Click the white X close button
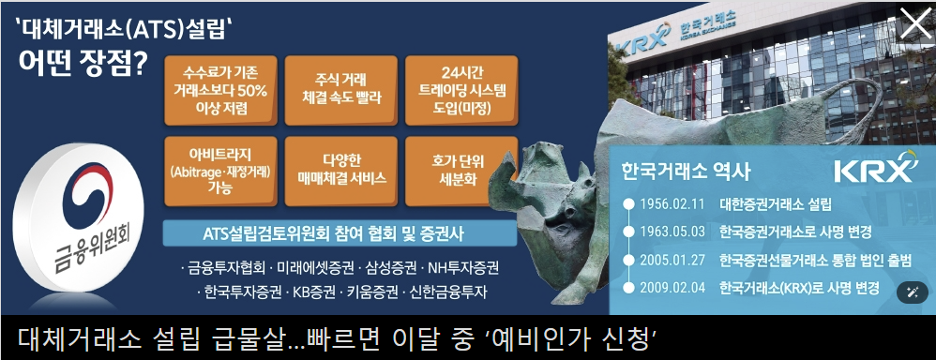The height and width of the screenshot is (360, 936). coord(914,23)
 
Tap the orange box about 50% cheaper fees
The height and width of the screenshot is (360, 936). coord(220,91)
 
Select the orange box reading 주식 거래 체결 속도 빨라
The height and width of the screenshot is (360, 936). coord(341,91)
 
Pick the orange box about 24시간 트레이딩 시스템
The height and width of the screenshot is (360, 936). coord(461,91)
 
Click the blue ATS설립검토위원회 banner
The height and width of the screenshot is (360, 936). coord(340,233)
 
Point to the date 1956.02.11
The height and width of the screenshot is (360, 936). coord(672,203)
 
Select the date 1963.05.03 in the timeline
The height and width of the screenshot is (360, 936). coord(672,232)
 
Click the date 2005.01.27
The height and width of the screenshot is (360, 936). coord(672,261)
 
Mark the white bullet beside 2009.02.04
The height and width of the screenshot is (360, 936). coord(627,288)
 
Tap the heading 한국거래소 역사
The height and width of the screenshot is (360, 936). coord(686,172)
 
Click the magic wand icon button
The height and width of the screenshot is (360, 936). coord(912,292)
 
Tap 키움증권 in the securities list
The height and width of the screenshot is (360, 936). coord(370,292)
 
